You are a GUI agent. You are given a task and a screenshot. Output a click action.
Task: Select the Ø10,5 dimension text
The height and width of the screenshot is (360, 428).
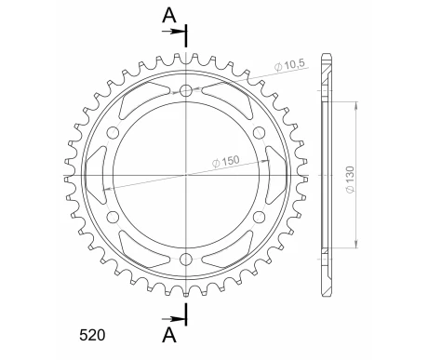(x=288, y=65)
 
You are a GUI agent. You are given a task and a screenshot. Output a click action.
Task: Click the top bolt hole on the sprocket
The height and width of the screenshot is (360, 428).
(x=186, y=91)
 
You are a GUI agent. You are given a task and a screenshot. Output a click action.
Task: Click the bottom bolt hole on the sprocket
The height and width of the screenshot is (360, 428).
(x=186, y=258)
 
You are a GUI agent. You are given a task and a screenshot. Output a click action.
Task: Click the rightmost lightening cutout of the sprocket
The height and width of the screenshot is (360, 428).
(x=277, y=175)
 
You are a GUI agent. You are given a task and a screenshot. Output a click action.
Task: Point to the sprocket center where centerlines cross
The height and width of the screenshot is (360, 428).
(x=186, y=175)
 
